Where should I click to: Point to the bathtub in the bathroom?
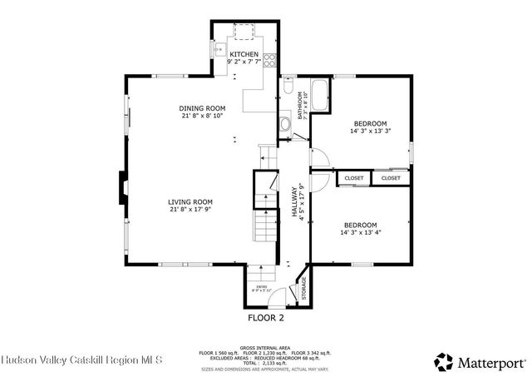(320, 92)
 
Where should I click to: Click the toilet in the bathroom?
(288, 87)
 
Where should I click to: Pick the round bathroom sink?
(284, 126)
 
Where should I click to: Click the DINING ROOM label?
(202, 108)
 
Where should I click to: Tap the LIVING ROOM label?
(190, 201)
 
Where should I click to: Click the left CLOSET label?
(354, 178)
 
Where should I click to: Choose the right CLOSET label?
(391, 178)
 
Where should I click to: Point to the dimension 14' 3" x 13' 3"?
(369, 131)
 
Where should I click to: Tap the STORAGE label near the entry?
(303, 288)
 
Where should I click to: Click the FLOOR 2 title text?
(266, 318)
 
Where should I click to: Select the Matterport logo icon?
(444, 361)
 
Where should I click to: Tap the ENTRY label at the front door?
(261, 287)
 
